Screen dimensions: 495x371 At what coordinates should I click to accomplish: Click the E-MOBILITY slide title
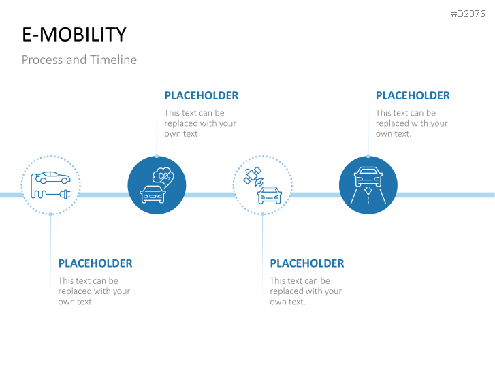74,35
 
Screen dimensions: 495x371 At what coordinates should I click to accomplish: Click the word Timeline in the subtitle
113,60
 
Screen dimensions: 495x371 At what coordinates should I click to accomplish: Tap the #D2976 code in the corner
468,14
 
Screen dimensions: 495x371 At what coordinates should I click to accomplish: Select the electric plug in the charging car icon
65,193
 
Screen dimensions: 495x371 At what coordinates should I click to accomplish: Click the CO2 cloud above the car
163,177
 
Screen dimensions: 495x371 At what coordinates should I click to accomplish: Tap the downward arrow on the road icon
368,191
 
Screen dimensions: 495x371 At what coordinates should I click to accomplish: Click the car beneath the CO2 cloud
153,194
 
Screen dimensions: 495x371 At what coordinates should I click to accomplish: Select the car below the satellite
269,195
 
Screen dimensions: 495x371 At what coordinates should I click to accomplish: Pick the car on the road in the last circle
368,177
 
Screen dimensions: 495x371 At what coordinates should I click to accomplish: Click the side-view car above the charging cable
53,178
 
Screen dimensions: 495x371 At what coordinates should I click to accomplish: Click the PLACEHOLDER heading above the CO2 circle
202,96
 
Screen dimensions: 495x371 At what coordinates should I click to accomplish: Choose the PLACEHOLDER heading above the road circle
413,96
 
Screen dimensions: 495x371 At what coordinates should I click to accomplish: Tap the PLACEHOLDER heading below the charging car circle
95,263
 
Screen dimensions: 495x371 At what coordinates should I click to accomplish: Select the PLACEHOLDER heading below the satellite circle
307,263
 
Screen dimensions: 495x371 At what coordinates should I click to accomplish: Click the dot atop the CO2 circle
157,156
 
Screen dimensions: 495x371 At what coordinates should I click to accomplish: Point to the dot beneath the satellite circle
263,214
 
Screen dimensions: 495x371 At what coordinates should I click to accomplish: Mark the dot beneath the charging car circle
51,214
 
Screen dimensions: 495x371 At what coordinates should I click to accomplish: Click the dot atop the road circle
368,156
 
